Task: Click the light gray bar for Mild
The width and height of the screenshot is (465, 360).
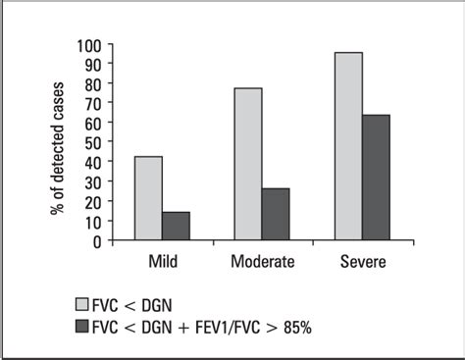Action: (148, 198)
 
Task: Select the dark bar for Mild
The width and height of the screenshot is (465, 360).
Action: (176, 226)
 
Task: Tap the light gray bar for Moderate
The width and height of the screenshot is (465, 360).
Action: (248, 164)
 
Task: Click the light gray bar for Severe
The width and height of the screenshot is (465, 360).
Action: (348, 146)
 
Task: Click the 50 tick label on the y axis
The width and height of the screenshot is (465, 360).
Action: (93, 143)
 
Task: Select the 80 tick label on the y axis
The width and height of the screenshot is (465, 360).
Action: (93, 85)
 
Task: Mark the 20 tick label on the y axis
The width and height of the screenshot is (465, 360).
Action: (93, 202)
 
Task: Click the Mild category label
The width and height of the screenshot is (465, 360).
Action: (162, 262)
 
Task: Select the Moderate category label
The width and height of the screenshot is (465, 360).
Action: (262, 262)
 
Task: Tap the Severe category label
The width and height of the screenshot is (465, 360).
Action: (362, 262)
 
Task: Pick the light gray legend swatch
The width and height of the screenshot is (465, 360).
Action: (82, 303)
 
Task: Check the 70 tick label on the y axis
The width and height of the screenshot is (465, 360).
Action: (93, 105)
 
